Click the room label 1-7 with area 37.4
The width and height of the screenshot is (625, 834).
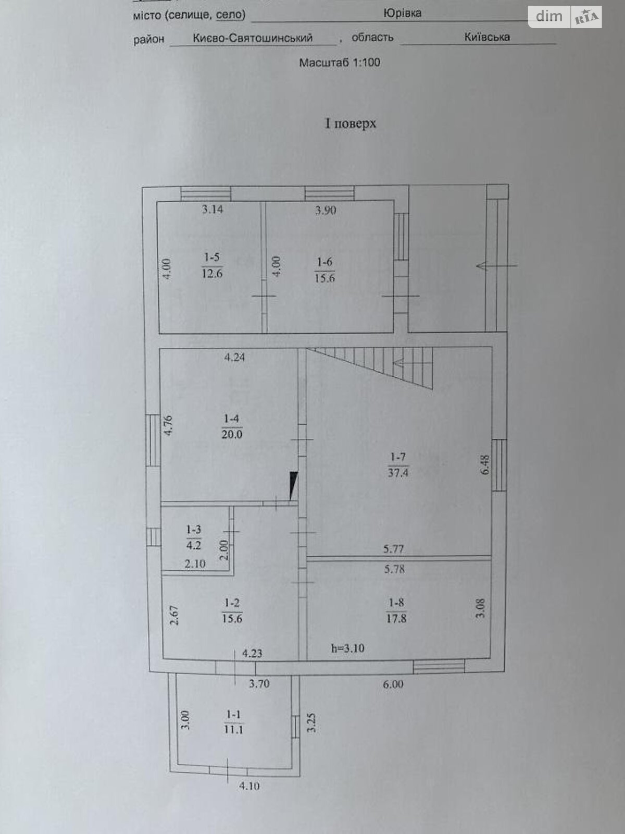click(398, 465)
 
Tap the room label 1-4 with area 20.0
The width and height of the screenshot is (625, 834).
click(232, 426)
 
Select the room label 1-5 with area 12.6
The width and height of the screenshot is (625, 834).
click(212, 265)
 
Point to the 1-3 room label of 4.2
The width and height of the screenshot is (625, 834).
click(194, 537)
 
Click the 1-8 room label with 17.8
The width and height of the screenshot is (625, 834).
click(396, 611)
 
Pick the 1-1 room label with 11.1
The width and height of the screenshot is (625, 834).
click(233, 722)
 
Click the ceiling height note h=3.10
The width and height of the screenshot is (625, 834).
click(347, 648)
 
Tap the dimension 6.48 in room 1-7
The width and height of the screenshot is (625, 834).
click(485, 464)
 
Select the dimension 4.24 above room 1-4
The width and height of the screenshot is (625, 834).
click(234, 358)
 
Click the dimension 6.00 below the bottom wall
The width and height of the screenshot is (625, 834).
click(393, 684)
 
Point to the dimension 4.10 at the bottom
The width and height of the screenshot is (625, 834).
click(249, 786)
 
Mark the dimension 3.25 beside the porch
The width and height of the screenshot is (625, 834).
click(311, 723)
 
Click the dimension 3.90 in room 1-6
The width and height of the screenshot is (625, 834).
click(326, 211)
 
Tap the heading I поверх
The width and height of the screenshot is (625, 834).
click(351, 124)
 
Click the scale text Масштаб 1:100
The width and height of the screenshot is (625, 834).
click(340, 63)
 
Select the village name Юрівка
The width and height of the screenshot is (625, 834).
click(402, 13)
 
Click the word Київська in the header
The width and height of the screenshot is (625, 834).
click(487, 37)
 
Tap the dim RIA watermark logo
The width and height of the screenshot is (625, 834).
click(565, 17)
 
